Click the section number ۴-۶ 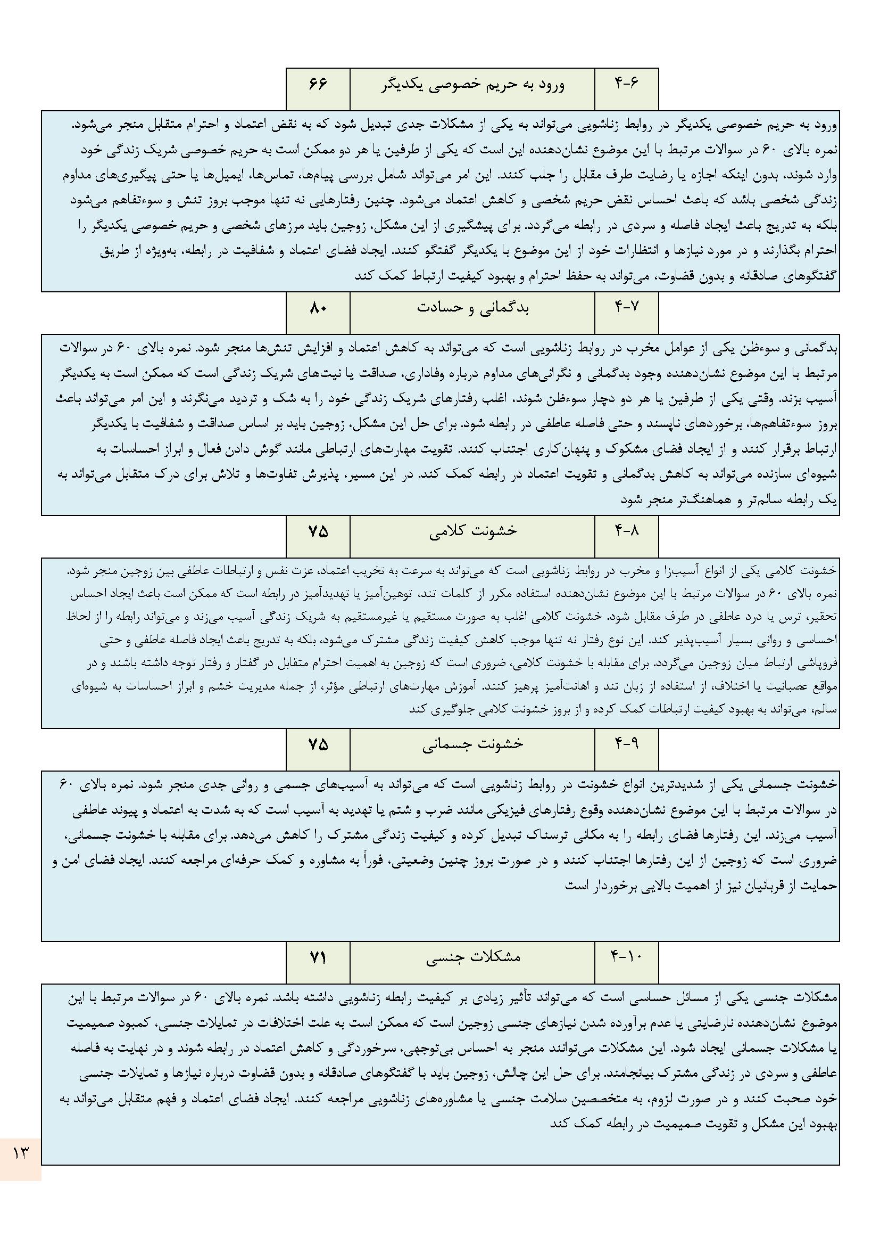click(x=626, y=85)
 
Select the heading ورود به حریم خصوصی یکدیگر click(x=472, y=85)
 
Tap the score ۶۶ click(x=318, y=85)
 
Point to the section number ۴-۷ click(x=626, y=308)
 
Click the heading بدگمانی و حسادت click(x=472, y=308)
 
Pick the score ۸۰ click(x=318, y=308)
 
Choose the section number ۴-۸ click(x=626, y=531)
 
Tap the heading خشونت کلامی click(x=472, y=531)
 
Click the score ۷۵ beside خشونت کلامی click(x=318, y=531)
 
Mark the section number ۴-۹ click(x=626, y=743)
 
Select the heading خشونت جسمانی click(x=472, y=743)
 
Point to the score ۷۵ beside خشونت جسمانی click(x=318, y=743)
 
